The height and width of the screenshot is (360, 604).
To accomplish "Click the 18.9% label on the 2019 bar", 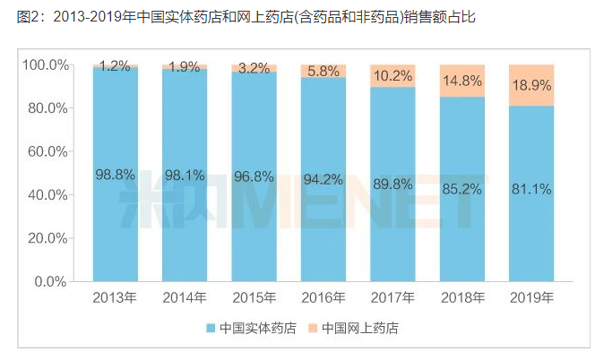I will (x=531, y=85).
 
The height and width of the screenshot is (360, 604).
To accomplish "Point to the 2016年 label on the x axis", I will (x=323, y=297).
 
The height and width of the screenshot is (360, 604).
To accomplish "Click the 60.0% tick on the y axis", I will (x=46, y=151).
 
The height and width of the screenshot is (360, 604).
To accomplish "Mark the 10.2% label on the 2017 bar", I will (x=392, y=76).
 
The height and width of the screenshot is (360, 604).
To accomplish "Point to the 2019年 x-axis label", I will (x=531, y=297).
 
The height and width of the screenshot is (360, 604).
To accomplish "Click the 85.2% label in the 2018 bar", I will (x=462, y=189).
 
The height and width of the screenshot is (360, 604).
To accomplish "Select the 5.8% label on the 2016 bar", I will (x=323, y=70).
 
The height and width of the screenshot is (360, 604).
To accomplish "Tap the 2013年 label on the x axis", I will (x=115, y=297).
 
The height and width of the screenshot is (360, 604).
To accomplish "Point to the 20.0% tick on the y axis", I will (x=46, y=238).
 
